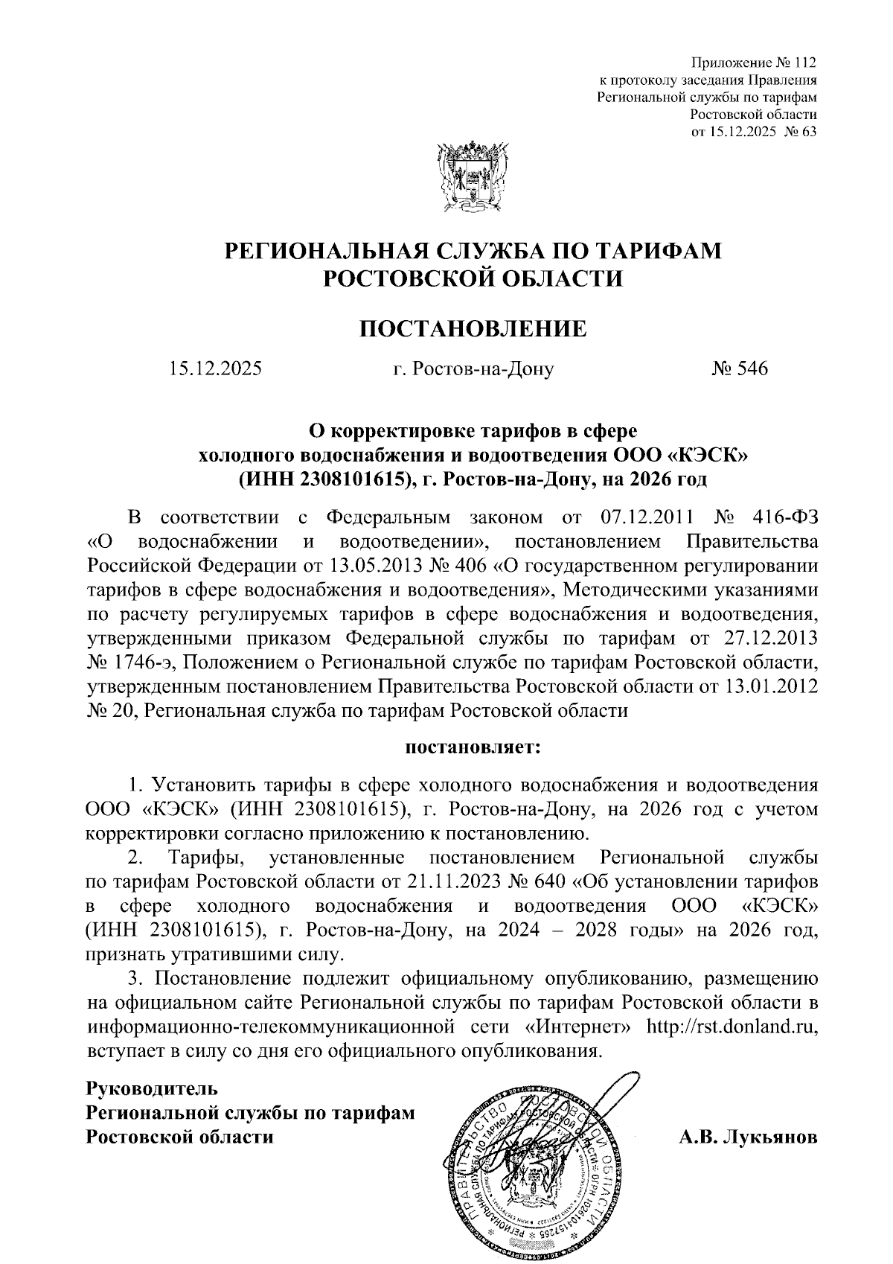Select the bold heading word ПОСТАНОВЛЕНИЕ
click(x=473, y=328)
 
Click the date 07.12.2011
click(x=645, y=517)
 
